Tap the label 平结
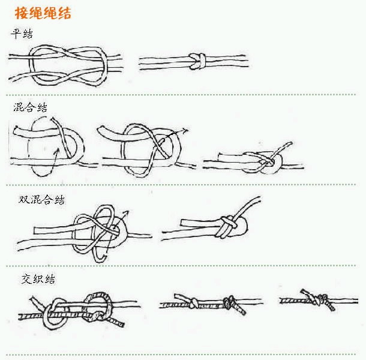[23, 34]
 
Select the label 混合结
[30, 107]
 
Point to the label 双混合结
[41, 200]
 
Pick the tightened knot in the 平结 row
[197, 59]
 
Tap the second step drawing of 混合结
[144, 150]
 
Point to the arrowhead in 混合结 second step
[185, 130]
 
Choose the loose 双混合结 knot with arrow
[99, 231]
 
